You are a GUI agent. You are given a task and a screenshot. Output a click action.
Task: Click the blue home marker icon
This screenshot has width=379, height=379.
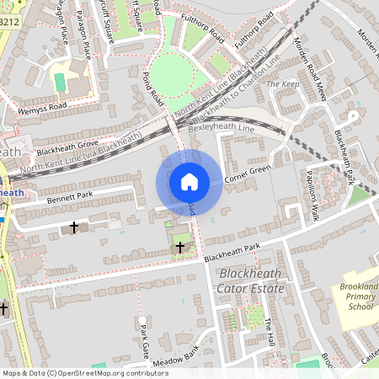pyautogui.click(x=189, y=181)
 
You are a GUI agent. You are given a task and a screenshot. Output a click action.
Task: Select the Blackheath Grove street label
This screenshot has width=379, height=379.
pyautogui.click(x=67, y=147)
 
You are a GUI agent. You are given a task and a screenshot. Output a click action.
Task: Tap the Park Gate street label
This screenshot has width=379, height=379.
pyautogui.click(x=144, y=337)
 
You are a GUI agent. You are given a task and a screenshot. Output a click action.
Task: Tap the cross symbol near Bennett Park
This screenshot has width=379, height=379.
pyautogui.click(x=73, y=227)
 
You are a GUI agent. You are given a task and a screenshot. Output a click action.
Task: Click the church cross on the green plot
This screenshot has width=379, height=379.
pyautogui.click(x=179, y=247)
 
